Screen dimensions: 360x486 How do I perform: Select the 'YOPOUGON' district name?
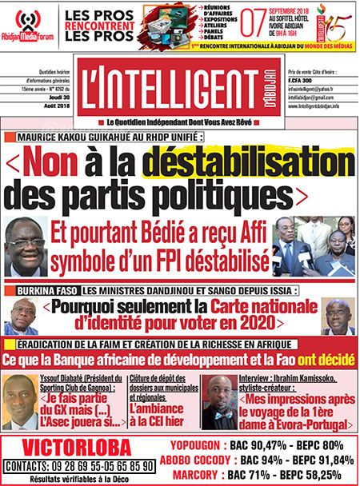click(x=197, y=447)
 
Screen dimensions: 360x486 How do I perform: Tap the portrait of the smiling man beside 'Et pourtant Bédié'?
click(x=26, y=248)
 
